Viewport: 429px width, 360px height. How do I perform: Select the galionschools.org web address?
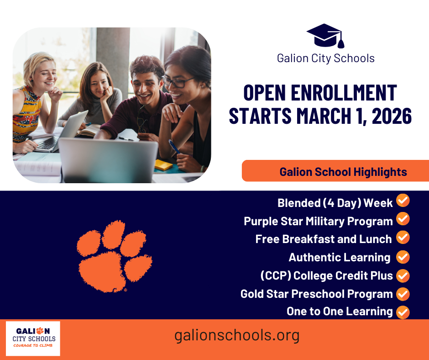(x=237, y=336)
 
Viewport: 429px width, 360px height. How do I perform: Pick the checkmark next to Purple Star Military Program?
(x=403, y=219)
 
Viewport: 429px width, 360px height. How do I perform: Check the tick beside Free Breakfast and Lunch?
(x=403, y=238)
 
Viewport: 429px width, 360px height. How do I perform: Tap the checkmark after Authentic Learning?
(x=403, y=257)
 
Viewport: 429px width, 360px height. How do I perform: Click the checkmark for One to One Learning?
(x=403, y=312)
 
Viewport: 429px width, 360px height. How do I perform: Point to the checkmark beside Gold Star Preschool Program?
(x=403, y=294)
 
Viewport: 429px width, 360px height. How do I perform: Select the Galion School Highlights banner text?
(x=343, y=172)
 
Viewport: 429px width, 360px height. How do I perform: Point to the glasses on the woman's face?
(x=175, y=82)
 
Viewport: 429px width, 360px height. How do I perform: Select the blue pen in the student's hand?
(x=174, y=147)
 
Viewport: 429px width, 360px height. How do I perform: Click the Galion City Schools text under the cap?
(x=326, y=58)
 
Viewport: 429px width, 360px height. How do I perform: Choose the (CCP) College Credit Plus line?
(x=326, y=275)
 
